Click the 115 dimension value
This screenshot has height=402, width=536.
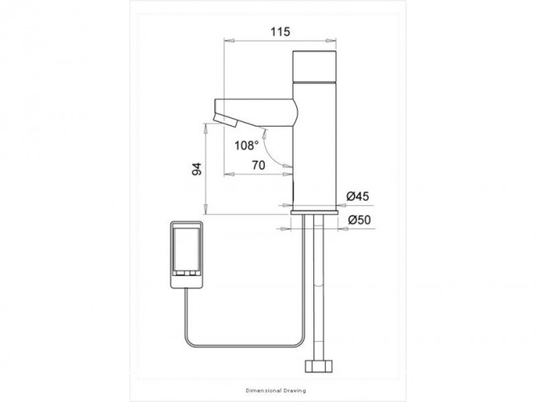click(280, 32)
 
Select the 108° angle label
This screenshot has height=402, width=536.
click(247, 146)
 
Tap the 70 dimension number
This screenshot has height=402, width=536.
click(258, 166)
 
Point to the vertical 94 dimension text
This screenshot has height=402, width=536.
click(197, 169)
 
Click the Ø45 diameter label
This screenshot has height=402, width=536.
click(358, 196)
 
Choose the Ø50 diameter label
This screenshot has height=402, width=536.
click(360, 220)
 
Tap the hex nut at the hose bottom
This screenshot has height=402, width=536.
click(318, 365)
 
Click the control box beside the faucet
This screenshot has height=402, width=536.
click(186, 255)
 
